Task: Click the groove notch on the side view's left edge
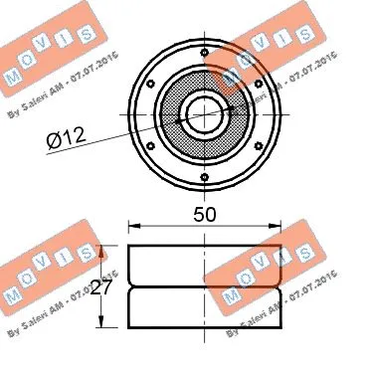click(x=129, y=286)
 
